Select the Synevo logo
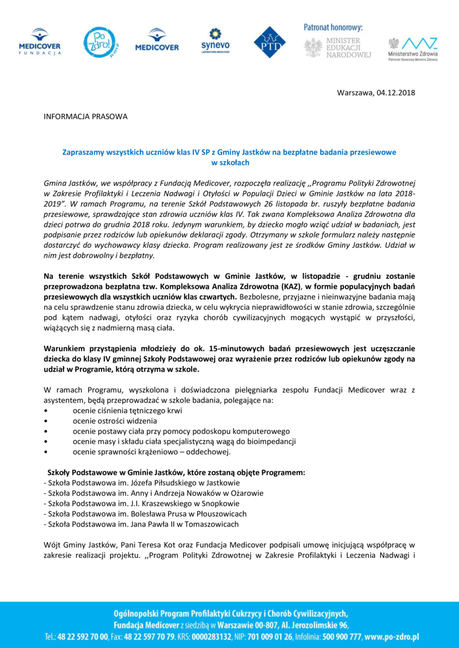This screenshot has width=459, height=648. (x=215, y=40)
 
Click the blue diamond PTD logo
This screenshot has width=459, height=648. (x=269, y=42)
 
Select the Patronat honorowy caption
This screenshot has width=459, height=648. (x=333, y=27)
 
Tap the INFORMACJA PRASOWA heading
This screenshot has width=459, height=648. (x=85, y=117)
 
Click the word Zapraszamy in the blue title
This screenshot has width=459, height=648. (x=84, y=152)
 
